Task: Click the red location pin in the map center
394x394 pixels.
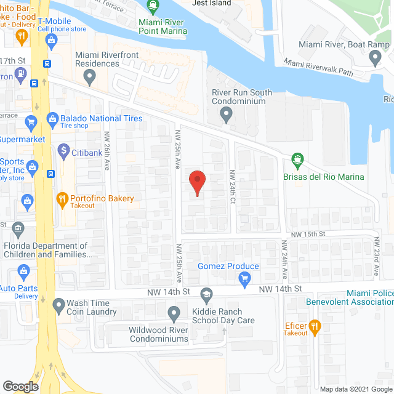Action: point(197,182)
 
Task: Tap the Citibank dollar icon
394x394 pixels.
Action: point(63,150)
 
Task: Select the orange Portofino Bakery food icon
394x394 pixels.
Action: point(62,199)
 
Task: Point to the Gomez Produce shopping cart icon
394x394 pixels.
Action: point(245,279)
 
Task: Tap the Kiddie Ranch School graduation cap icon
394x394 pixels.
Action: point(207,293)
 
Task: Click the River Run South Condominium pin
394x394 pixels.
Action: point(226,114)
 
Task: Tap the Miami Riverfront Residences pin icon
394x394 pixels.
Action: point(90,78)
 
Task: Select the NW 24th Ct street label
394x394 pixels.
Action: point(233,183)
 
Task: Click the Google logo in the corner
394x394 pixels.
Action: point(20,386)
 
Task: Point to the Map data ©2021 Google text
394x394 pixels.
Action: point(355,389)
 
